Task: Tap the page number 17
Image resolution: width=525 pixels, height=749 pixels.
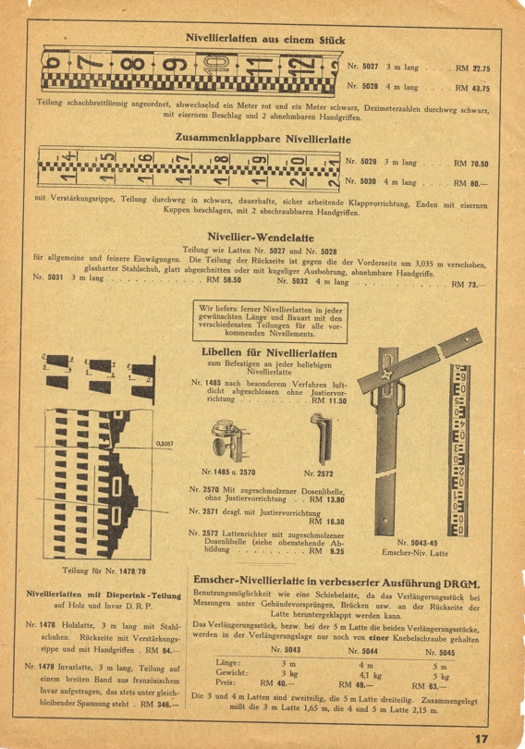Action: point(481,738)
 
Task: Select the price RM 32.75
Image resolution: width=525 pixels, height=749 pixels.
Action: point(472,68)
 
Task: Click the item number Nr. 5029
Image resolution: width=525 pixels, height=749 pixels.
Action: point(361,162)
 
